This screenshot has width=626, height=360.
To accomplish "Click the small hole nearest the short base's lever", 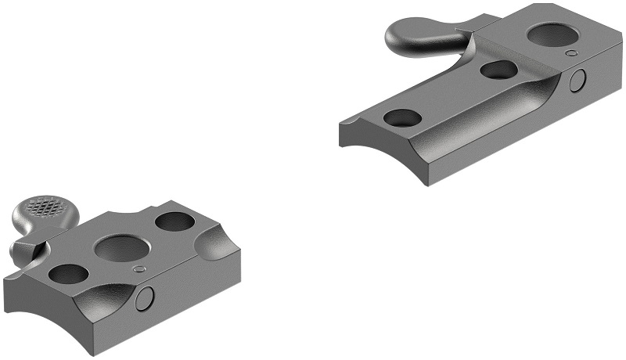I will coord(68,273).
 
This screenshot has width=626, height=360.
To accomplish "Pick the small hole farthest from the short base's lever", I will coord(175,221).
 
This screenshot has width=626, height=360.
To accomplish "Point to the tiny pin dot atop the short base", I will coord(140,269).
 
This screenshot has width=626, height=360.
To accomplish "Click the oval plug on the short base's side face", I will coord(145,297).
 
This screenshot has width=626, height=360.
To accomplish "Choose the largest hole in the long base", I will coord(552,35).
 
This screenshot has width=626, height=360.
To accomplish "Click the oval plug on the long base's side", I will coord(578,80).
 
